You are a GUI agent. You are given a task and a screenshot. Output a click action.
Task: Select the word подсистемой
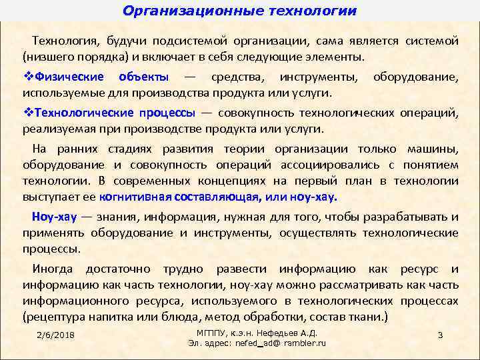pyautogui.click(x=176, y=41)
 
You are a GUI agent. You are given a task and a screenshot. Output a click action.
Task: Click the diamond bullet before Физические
pyautogui.click(x=27, y=77)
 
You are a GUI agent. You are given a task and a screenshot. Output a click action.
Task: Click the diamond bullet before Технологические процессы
pyautogui.click(x=27, y=113)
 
